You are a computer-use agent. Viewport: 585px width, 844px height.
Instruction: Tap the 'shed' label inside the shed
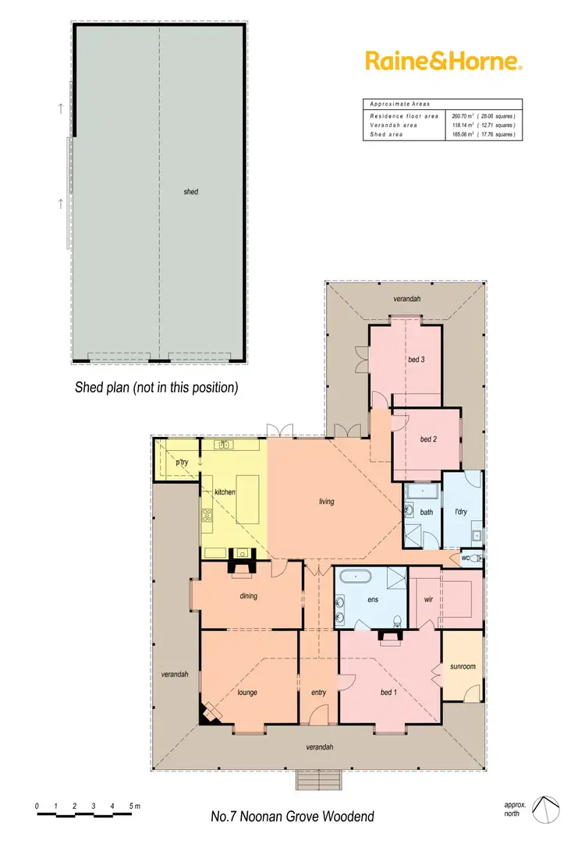click(x=190, y=191)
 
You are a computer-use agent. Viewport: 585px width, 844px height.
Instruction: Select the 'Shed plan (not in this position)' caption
click(x=156, y=387)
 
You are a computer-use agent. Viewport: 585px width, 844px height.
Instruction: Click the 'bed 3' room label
click(x=416, y=360)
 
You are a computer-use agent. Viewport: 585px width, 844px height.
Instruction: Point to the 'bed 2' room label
click(x=428, y=439)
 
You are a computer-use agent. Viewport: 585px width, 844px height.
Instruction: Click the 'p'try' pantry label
click(x=182, y=463)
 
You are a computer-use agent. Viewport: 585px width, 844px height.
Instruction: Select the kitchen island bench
click(x=247, y=500)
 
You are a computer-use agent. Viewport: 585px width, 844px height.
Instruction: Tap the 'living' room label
click(x=326, y=502)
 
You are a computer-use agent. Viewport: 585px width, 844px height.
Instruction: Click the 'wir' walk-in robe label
click(x=428, y=600)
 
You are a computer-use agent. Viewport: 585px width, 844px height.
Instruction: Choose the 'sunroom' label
click(x=463, y=667)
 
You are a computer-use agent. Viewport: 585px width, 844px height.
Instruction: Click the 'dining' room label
click(x=248, y=596)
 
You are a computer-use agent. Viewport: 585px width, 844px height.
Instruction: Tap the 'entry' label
click(x=318, y=693)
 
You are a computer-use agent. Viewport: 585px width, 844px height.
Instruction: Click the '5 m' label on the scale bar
click(x=134, y=806)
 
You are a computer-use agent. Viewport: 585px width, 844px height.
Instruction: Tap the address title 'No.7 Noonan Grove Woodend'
click(x=292, y=817)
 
